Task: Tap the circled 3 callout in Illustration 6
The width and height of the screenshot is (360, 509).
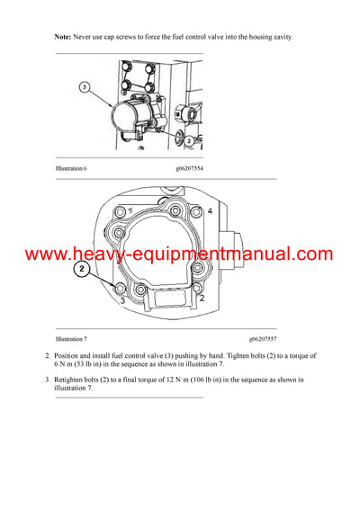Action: point(84,87)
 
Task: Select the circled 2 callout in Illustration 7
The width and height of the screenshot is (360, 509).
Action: point(82,269)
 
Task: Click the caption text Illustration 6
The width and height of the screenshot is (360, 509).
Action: point(74,167)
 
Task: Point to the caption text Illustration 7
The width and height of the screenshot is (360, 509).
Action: point(74,338)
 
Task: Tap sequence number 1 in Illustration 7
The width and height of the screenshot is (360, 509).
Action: point(131,209)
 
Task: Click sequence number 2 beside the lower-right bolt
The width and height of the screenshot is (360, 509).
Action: point(203,297)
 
